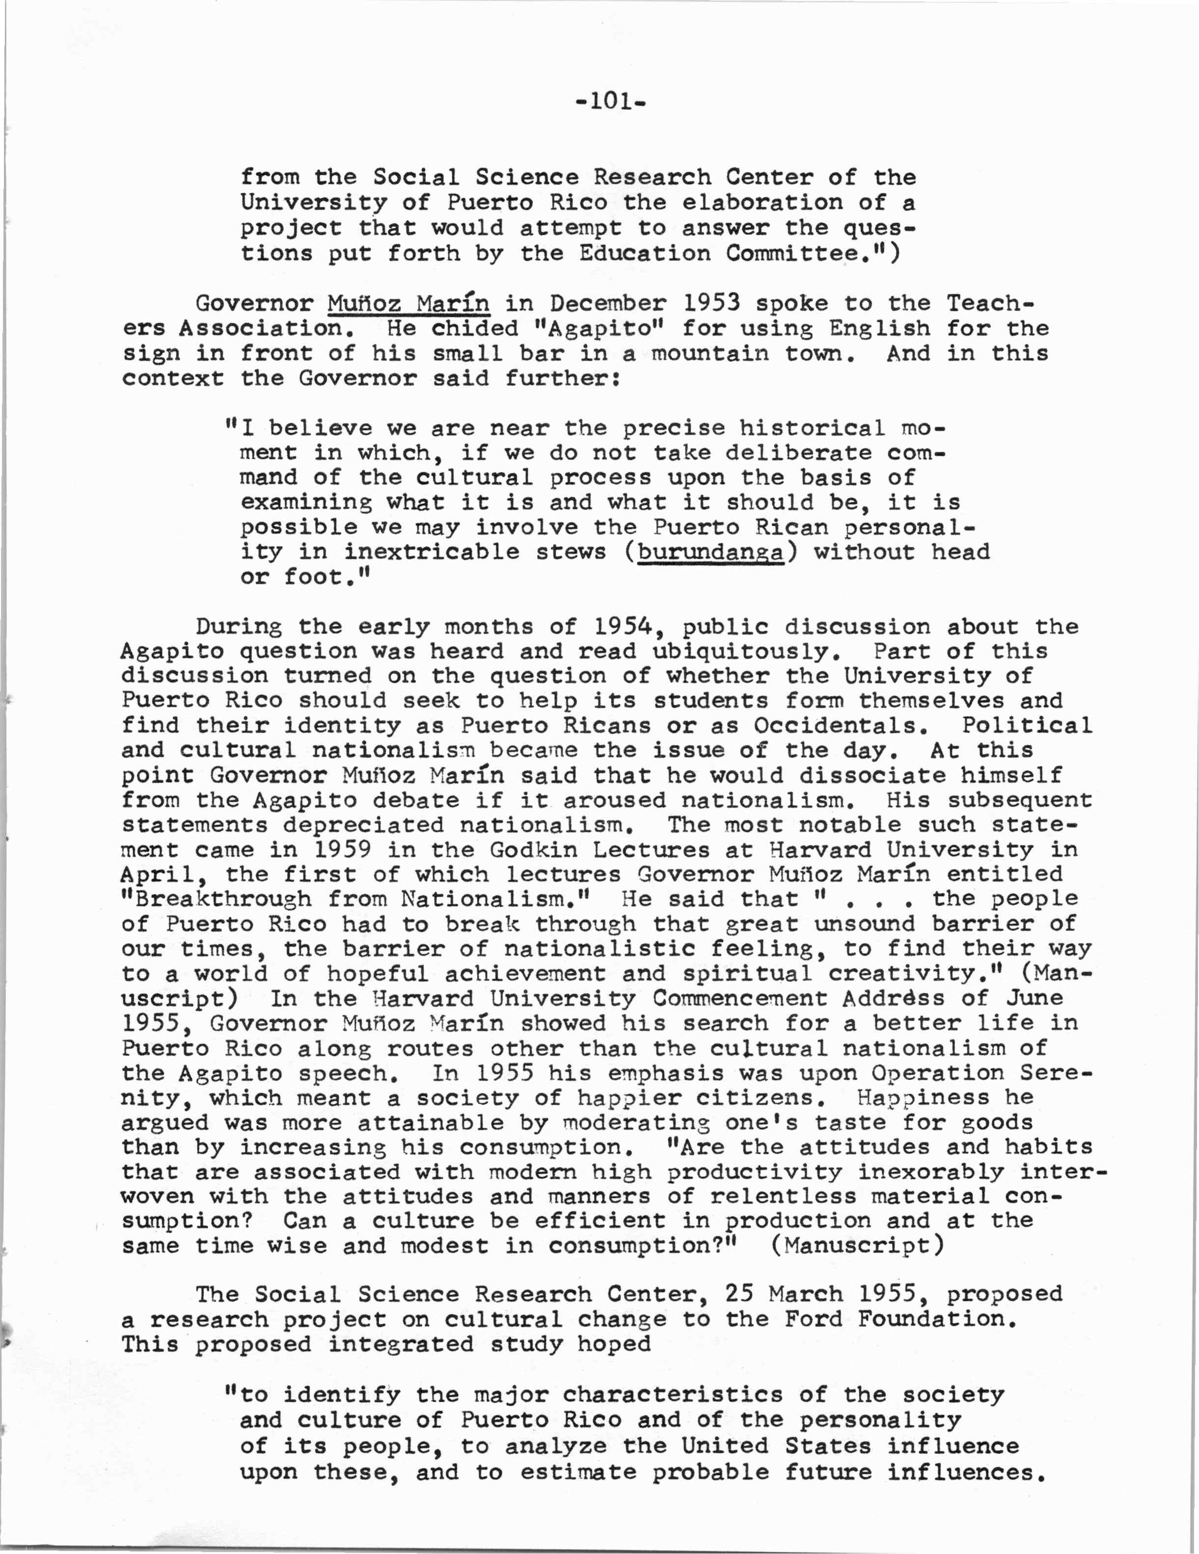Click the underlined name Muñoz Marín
409,304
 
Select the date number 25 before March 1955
740,1294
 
